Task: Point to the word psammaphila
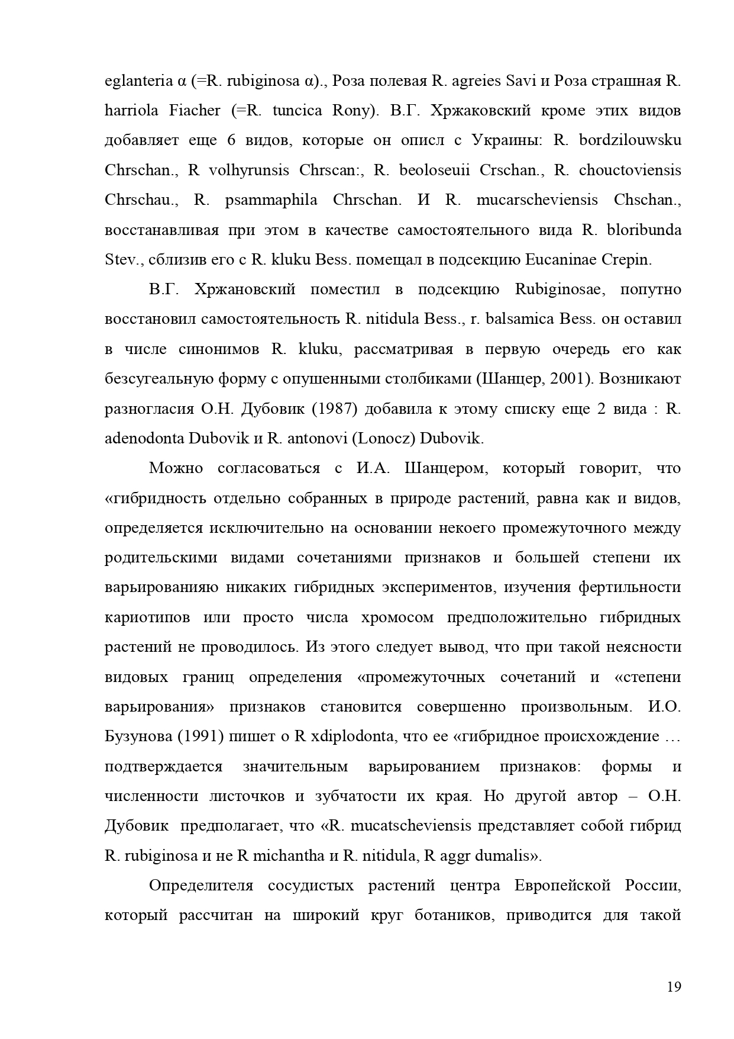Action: [271, 200]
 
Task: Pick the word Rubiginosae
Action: [558, 289]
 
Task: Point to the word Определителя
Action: [201, 886]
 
